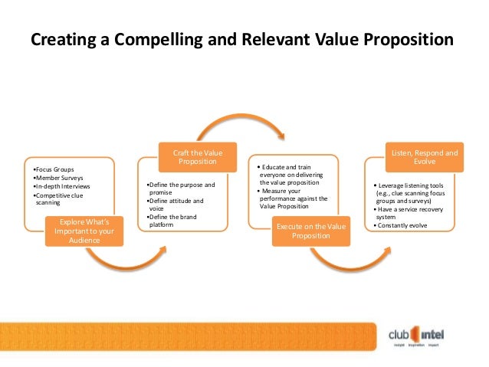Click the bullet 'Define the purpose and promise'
coord(181,189)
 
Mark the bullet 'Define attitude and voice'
coord(176,205)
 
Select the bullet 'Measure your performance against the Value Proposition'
coord(294,198)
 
